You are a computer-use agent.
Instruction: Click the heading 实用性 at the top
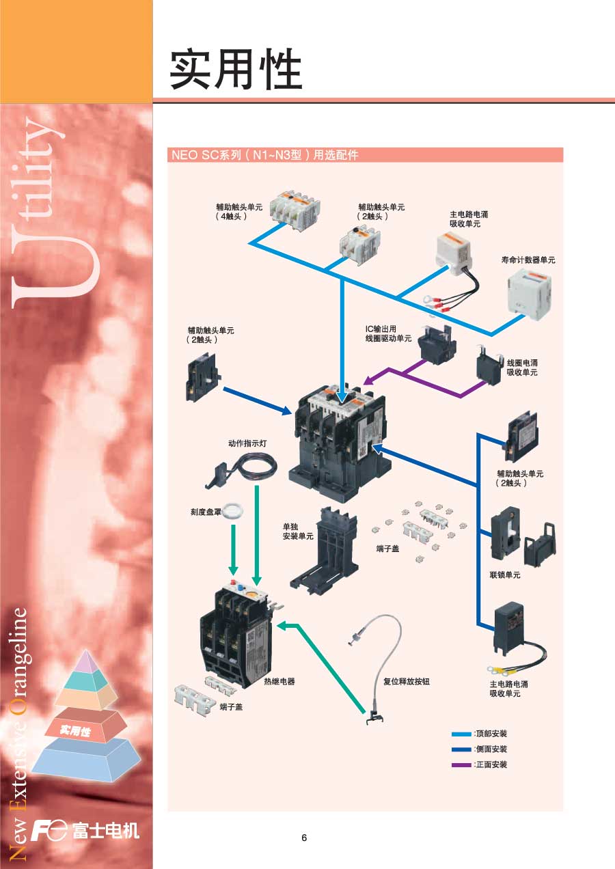tap(236, 70)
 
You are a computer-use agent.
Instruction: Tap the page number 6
tap(304, 838)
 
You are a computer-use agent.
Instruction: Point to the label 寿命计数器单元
tap(528, 260)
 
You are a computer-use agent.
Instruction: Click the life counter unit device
tap(532, 295)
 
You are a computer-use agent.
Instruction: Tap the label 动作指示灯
tap(247, 443)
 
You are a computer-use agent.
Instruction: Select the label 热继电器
tap(279, 682)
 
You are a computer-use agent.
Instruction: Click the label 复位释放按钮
tap(407, 681)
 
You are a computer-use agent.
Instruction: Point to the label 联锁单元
tap(505, 575)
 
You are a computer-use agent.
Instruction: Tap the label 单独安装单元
tap(298, 532)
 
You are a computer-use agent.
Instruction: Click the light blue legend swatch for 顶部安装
tap(461, 734)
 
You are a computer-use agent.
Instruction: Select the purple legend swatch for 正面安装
tap(461, 764)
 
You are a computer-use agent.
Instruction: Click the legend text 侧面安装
tap(492, 749)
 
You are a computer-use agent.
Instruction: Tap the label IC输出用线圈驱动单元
tap(388, 333)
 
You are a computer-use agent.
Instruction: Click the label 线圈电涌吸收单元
tap(522, 368)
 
